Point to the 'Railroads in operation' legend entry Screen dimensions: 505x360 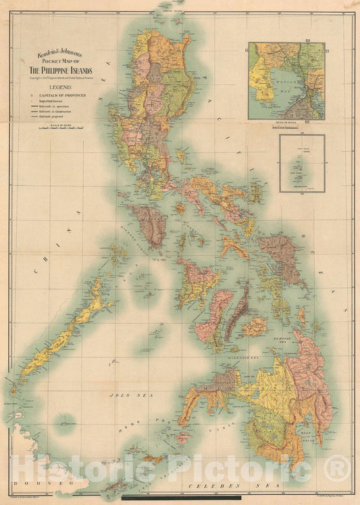[61, 107]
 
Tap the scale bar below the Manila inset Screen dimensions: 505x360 [286, 124]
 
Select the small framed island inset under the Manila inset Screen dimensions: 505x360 [302, 163]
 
